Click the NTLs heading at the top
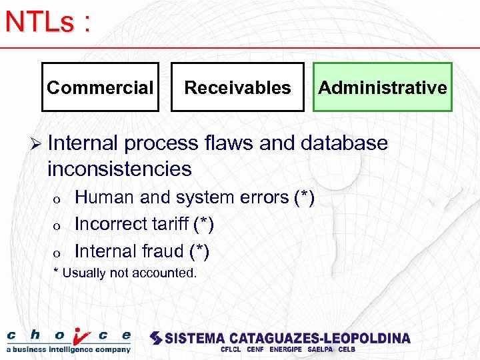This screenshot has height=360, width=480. [47, 22]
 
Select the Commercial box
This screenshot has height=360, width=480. [100, 87]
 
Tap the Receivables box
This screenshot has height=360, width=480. [237, 87]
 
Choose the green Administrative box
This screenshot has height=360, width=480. [383, 87]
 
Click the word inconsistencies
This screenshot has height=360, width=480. [119, 169]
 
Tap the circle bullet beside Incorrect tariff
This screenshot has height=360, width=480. [58, 226]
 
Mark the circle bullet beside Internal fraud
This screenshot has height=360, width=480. [58, 253]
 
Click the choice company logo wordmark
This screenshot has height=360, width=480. [69, 335]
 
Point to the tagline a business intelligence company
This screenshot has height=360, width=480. [69, 349]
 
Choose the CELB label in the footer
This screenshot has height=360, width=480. [347, 349]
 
